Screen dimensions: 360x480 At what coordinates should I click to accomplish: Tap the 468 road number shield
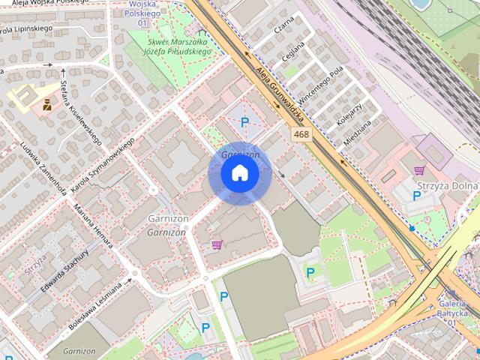[301, 134]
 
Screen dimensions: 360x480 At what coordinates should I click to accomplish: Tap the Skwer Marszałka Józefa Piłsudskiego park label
[180, 47]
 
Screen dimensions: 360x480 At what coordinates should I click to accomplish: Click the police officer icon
[47, 104]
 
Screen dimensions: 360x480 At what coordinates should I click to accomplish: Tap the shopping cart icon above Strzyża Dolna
[418, 170]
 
